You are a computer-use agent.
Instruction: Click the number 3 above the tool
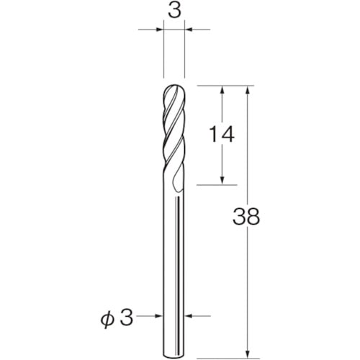tap(174, 12)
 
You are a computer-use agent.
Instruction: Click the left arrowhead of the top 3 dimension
tap(159, 30)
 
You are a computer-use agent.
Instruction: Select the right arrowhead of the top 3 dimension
tap(189, 30)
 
